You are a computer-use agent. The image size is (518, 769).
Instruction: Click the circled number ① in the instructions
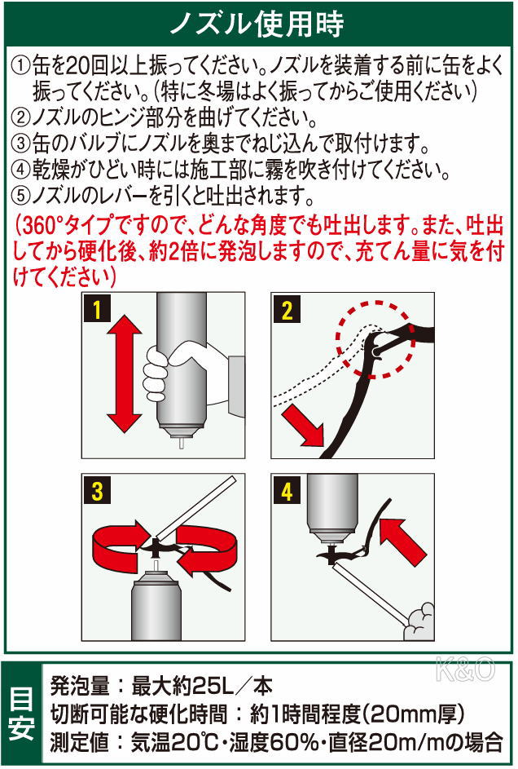pyautogui.click(x=20, y=64)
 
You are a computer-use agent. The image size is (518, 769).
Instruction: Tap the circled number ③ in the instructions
pyautogui.click(x=20, y=144)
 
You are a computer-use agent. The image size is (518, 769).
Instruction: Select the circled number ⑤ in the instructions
pyautogui.click(x=20, y=197)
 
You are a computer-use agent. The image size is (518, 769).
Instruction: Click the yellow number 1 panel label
pyautogui.click(x=97, y=310)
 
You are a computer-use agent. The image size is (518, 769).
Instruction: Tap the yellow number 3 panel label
pyautogui.click(x=97, y=491)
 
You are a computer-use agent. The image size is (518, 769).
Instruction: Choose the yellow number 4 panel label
pyautogui.click(x=286, y=491)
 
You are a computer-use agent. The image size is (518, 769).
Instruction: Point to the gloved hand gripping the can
pyautogui.click(x=167, y=371)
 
